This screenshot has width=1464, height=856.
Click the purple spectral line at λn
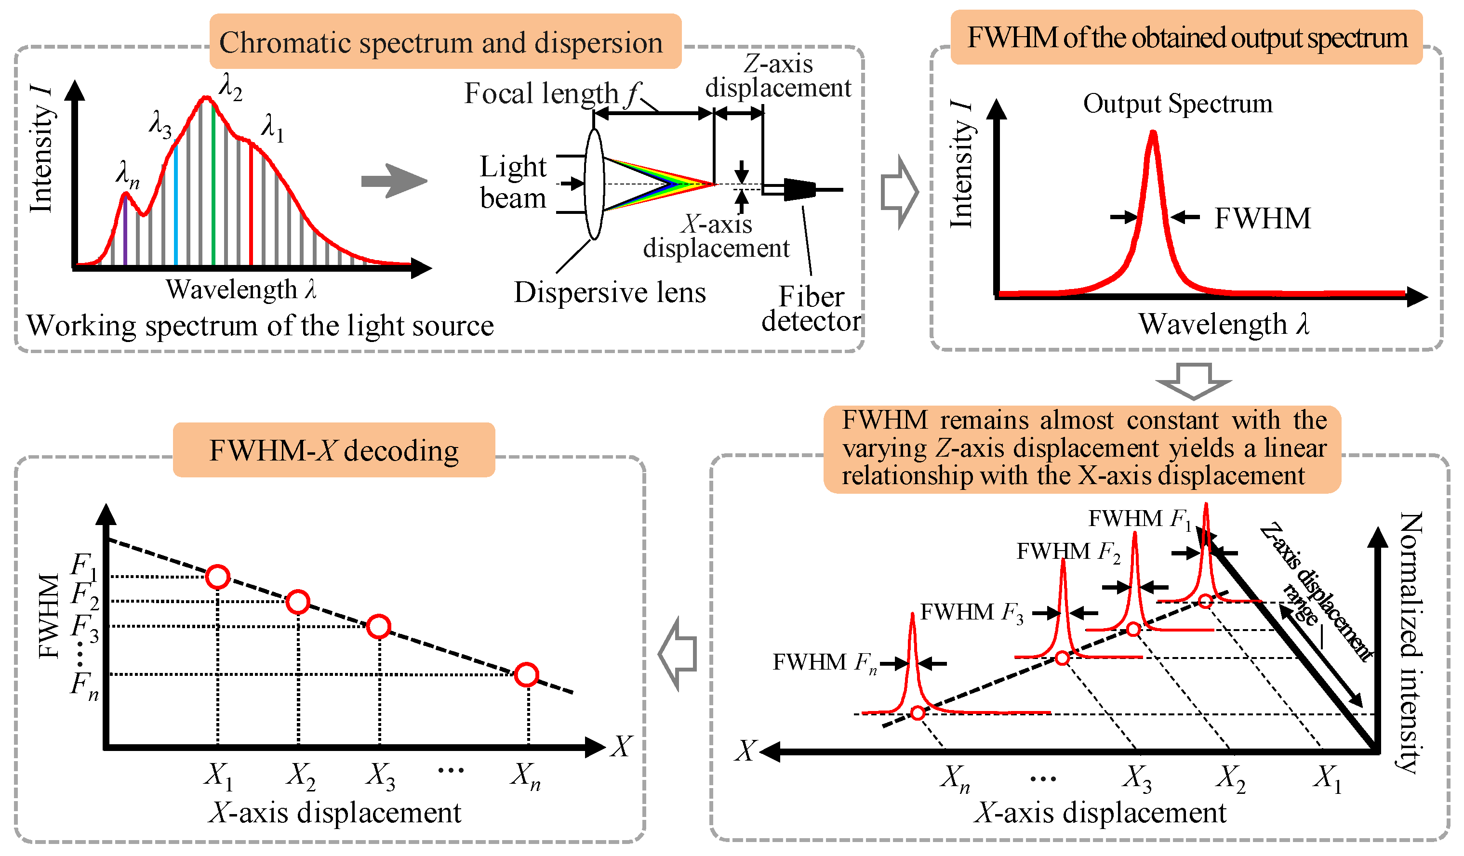point(125,229)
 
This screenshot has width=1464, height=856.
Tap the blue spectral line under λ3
point(176,203)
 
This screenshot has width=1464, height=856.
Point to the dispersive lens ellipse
point(594,184)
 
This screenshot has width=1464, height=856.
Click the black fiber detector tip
point(799,189)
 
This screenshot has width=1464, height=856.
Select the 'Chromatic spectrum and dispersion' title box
point(445,42)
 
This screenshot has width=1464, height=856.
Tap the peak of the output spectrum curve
point(1153,135)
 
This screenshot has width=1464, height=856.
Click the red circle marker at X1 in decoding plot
point(218,577)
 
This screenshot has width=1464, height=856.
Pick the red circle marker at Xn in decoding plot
point(527,675)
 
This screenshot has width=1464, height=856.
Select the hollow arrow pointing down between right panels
point(1193,381)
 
